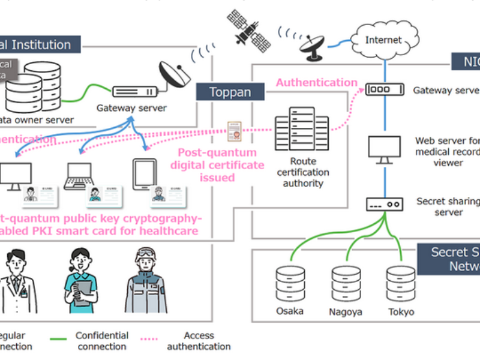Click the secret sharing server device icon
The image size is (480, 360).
[384, 203]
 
